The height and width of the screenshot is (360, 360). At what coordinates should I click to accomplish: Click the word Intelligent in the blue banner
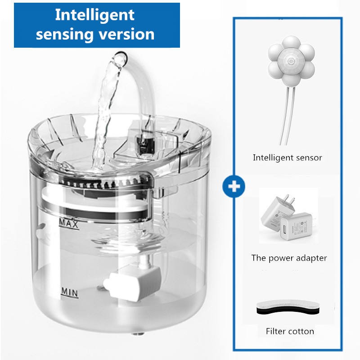pos(94,14)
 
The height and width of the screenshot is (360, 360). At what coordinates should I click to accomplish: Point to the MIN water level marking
pos(69,293)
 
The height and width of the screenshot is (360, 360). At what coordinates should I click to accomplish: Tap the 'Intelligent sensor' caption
pos(287,157)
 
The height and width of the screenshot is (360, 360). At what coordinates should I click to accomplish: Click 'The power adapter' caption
pos(289,258)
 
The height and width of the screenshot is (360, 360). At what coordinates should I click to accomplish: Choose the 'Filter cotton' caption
pos(290,331)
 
